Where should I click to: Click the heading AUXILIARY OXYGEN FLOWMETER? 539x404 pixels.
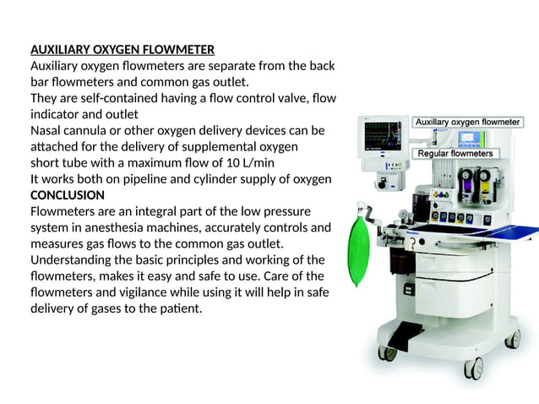coord(122,49)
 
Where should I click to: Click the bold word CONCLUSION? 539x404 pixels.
coord(68,195)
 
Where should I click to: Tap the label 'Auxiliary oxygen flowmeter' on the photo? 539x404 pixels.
coord(466,123)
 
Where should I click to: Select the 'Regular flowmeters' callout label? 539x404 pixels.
coord(455,154)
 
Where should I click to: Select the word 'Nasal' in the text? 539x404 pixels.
coord(47,131)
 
